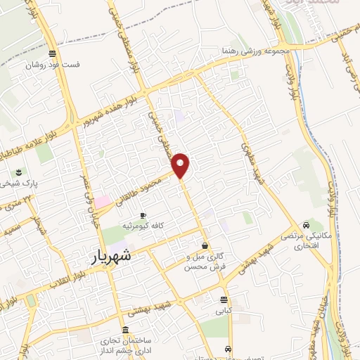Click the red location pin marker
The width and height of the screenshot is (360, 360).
(x=181, y=166)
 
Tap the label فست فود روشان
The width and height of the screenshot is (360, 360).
(x=53, y=65)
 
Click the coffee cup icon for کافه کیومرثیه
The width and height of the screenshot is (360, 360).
(x=143, y=215)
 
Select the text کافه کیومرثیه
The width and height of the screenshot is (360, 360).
(x=143, y=226)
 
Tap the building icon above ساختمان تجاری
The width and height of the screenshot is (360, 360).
(x=125, y=330)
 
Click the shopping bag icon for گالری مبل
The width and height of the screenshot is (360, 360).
(x=205, y=246)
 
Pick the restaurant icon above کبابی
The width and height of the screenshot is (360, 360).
(x=225, y=300)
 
